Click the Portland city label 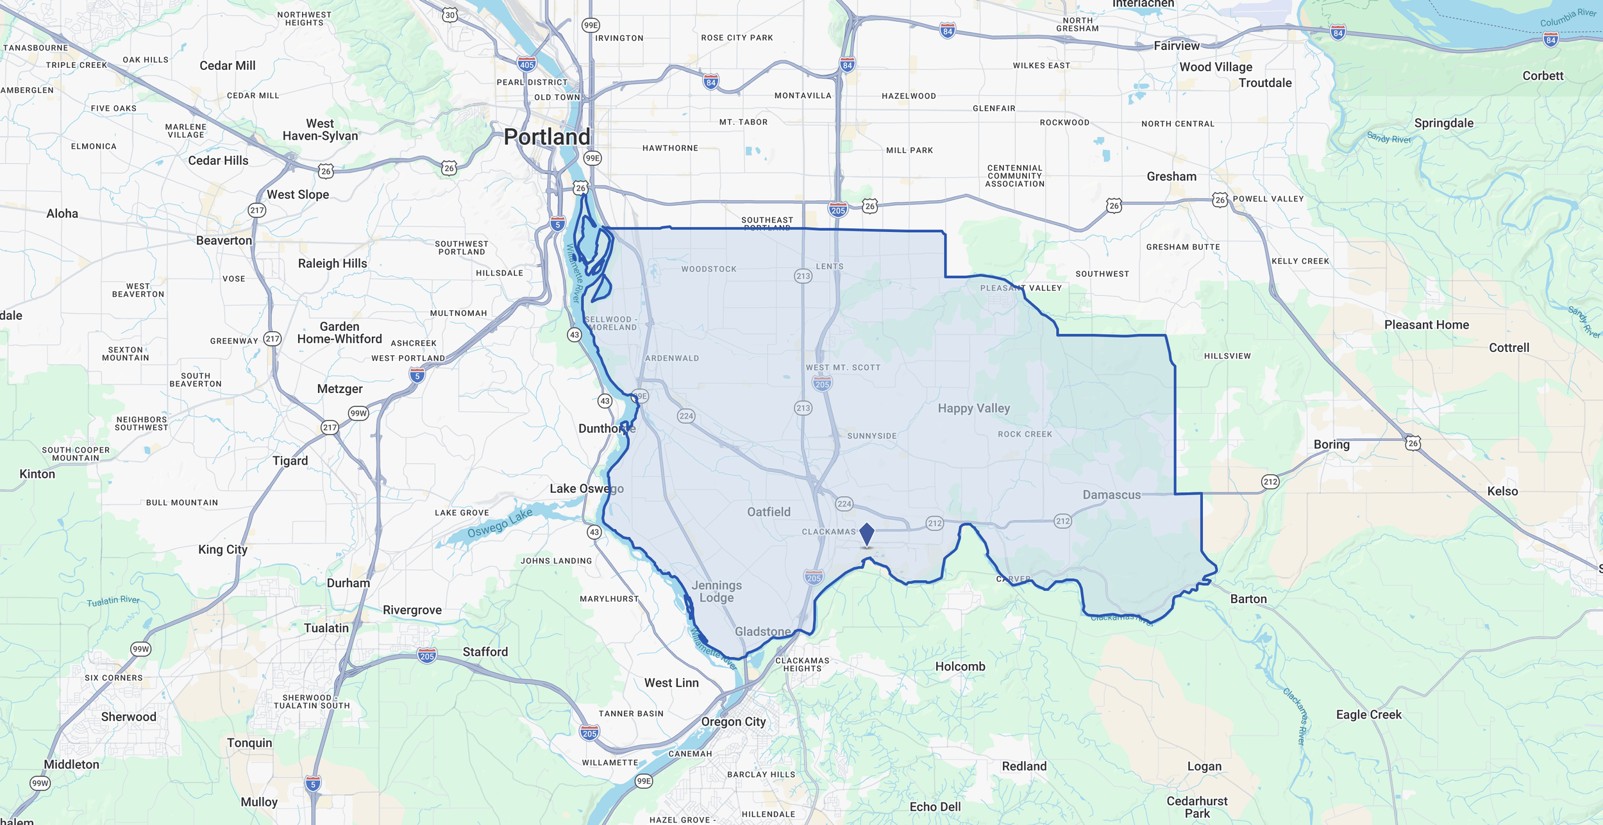click(546, 137)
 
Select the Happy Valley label click(973, 408)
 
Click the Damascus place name click(1111, 495)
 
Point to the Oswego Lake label click(499, 523)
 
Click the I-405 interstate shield click(526, 65)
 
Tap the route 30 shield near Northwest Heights click(450, 15)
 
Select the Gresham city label click(1171, 176)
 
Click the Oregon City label click(733, 722)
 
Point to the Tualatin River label click(113, 601)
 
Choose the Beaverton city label click(224, 240)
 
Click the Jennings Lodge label click(716, 591)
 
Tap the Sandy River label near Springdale click(1388, 138)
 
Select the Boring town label click(1331, 444)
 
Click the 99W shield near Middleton click(40, 783)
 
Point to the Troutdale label click(1264, 83)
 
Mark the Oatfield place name click(768, 512)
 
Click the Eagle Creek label click(1368, 715)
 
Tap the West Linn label click(671, 683)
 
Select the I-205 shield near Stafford click(427, 656)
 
